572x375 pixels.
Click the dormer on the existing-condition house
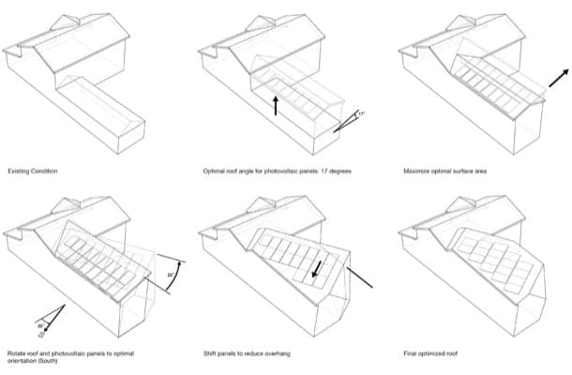[x=66, y=24]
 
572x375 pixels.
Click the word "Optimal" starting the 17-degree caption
[x=213, y=172]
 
